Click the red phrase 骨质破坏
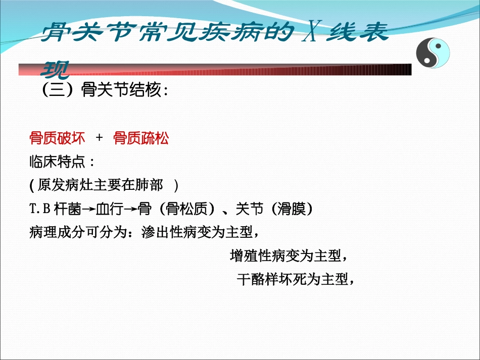(x=58, y=138)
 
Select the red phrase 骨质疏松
(x=141, y=138)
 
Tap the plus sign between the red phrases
(x=99, y=138)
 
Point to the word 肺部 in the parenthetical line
(x=150, y=186)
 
